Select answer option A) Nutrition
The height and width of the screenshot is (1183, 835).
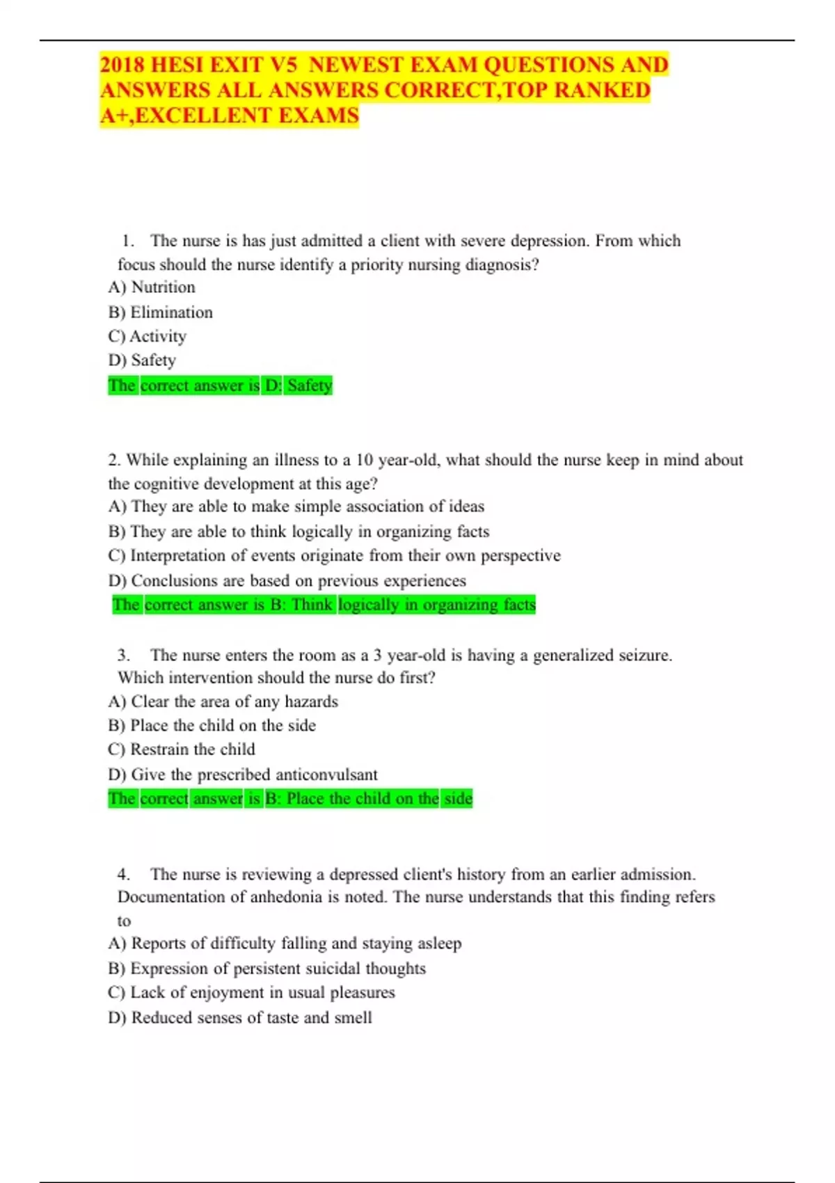(152, 287)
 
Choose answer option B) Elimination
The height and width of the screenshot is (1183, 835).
(161, 312)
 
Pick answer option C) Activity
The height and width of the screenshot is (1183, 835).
(148, 337)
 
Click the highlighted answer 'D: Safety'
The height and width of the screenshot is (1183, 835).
(299, 386)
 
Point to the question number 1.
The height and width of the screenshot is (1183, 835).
(127, 241)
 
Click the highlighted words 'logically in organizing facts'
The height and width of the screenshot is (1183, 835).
(437, 605)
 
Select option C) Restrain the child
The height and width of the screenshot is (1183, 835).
(182, 749)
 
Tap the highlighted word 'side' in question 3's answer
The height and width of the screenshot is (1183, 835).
(459, 799)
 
